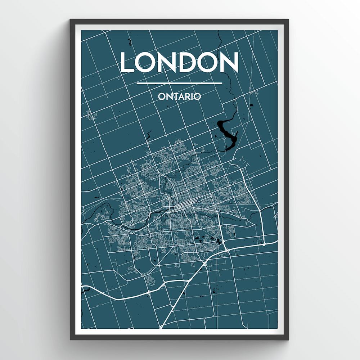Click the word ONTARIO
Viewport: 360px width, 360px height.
tap(179, 97)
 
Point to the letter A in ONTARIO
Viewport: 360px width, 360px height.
tap(181, 97)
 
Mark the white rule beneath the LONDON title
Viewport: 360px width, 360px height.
tap(180, 84)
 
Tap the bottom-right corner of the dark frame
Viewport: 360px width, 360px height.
tap(289, 339)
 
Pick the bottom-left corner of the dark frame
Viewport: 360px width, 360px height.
tap(71, 339)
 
